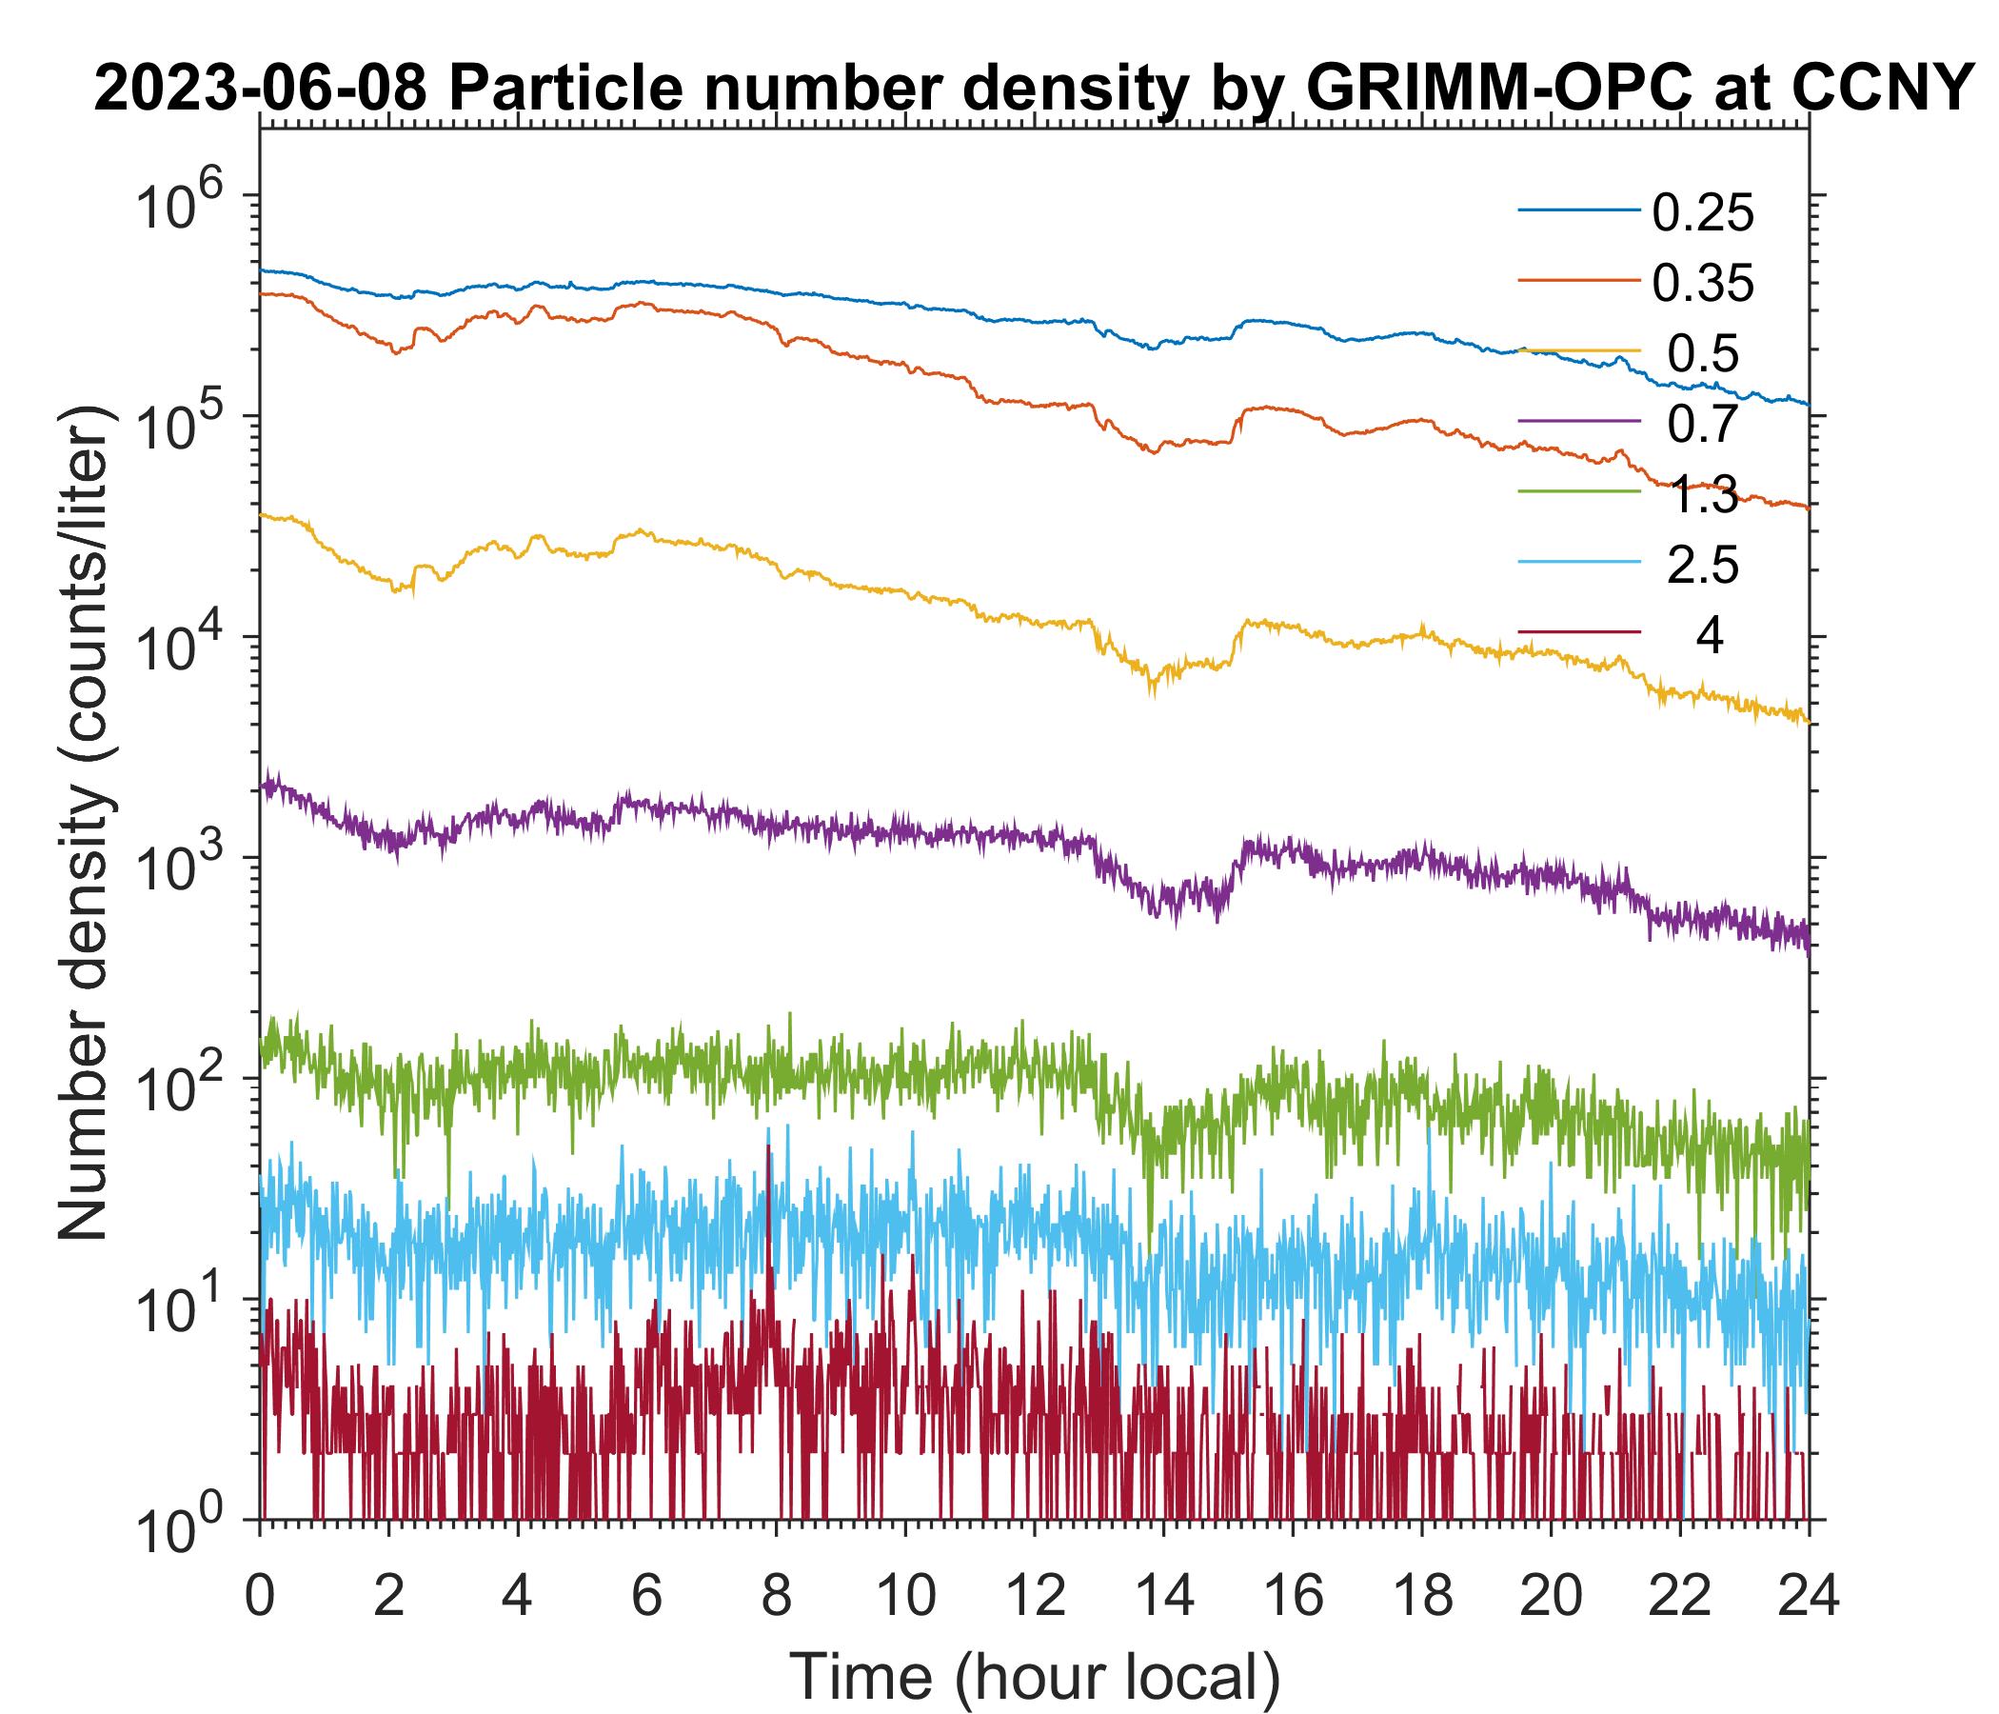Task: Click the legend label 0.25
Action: click(x=1703, y=214)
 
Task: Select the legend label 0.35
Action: click(x=1703, y=284)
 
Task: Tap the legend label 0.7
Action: click(x=1703, y=424)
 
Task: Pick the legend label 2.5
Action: click(x=1703, y=566)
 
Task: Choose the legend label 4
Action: click(x=1709, y=637)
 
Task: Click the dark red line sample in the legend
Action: click(x=1579, y=633)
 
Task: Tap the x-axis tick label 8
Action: click(x=776, y=1594)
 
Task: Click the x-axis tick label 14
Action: click(x=1163, y=1594)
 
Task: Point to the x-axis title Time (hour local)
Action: click(x=1036, y=1676)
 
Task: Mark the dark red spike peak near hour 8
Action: click(x=768, y=1146)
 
